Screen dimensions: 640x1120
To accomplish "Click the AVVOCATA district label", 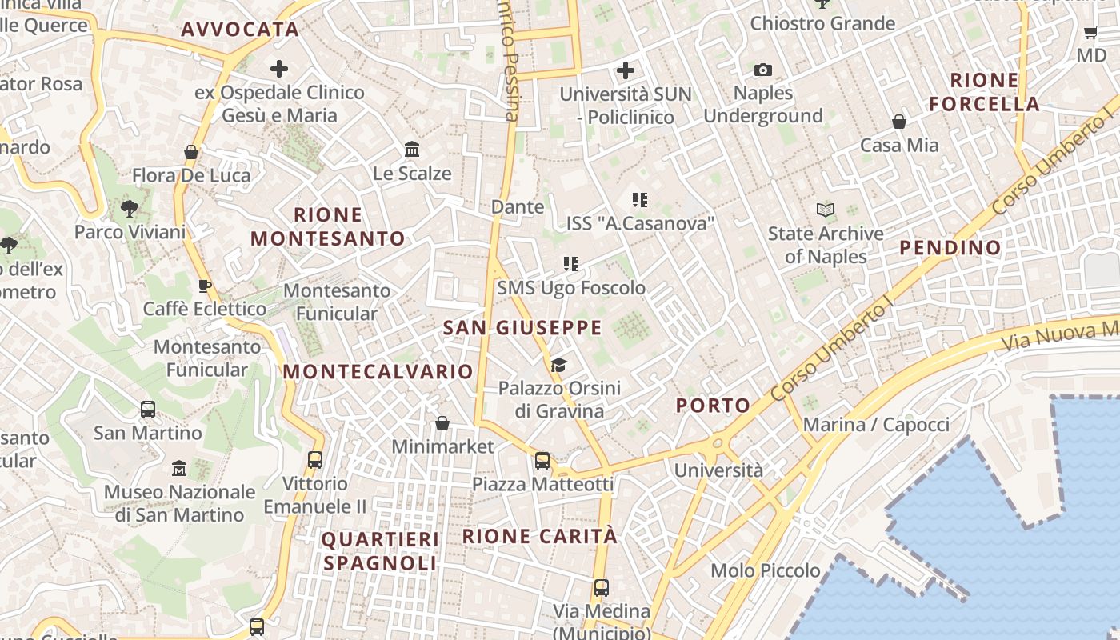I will (x=240, y=30).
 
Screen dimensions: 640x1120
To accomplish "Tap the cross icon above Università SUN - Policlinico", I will (x=625, y=70).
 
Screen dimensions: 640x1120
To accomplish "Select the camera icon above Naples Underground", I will (x=763, y=70).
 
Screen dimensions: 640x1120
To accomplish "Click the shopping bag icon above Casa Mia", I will (x=899, y=122).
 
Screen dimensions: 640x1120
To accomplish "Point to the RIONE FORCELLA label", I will (x=984, y=92).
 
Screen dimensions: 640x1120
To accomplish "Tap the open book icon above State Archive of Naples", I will (x=826, y=210).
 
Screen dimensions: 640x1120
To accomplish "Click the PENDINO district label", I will (x=950, y=248).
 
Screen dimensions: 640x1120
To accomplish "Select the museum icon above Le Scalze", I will (x=412, y=150).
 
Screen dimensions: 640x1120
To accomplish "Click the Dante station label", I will (x=518, y=206).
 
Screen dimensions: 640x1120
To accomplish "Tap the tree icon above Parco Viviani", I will (x=129, y=209).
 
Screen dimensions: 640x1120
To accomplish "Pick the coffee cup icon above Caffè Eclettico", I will (x=205, y=286).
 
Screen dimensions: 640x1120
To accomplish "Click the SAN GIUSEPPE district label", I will (x=522, y=327).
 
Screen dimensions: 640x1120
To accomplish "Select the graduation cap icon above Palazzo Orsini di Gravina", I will (x=558, y=365).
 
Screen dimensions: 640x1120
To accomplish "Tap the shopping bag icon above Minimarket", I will (x=442, y=422).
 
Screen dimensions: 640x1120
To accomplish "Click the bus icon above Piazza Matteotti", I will (x=542, y=460).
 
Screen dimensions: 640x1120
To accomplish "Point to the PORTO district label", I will (x=713, y=406).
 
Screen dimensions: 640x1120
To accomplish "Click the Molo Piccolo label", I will (x=766, y=570).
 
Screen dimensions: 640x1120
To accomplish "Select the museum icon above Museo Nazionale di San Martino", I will (x=179, y=468).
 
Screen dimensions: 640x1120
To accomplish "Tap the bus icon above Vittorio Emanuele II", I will (x=315, y=460).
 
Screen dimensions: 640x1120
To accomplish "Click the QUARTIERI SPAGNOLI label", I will (x=380, y=551).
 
